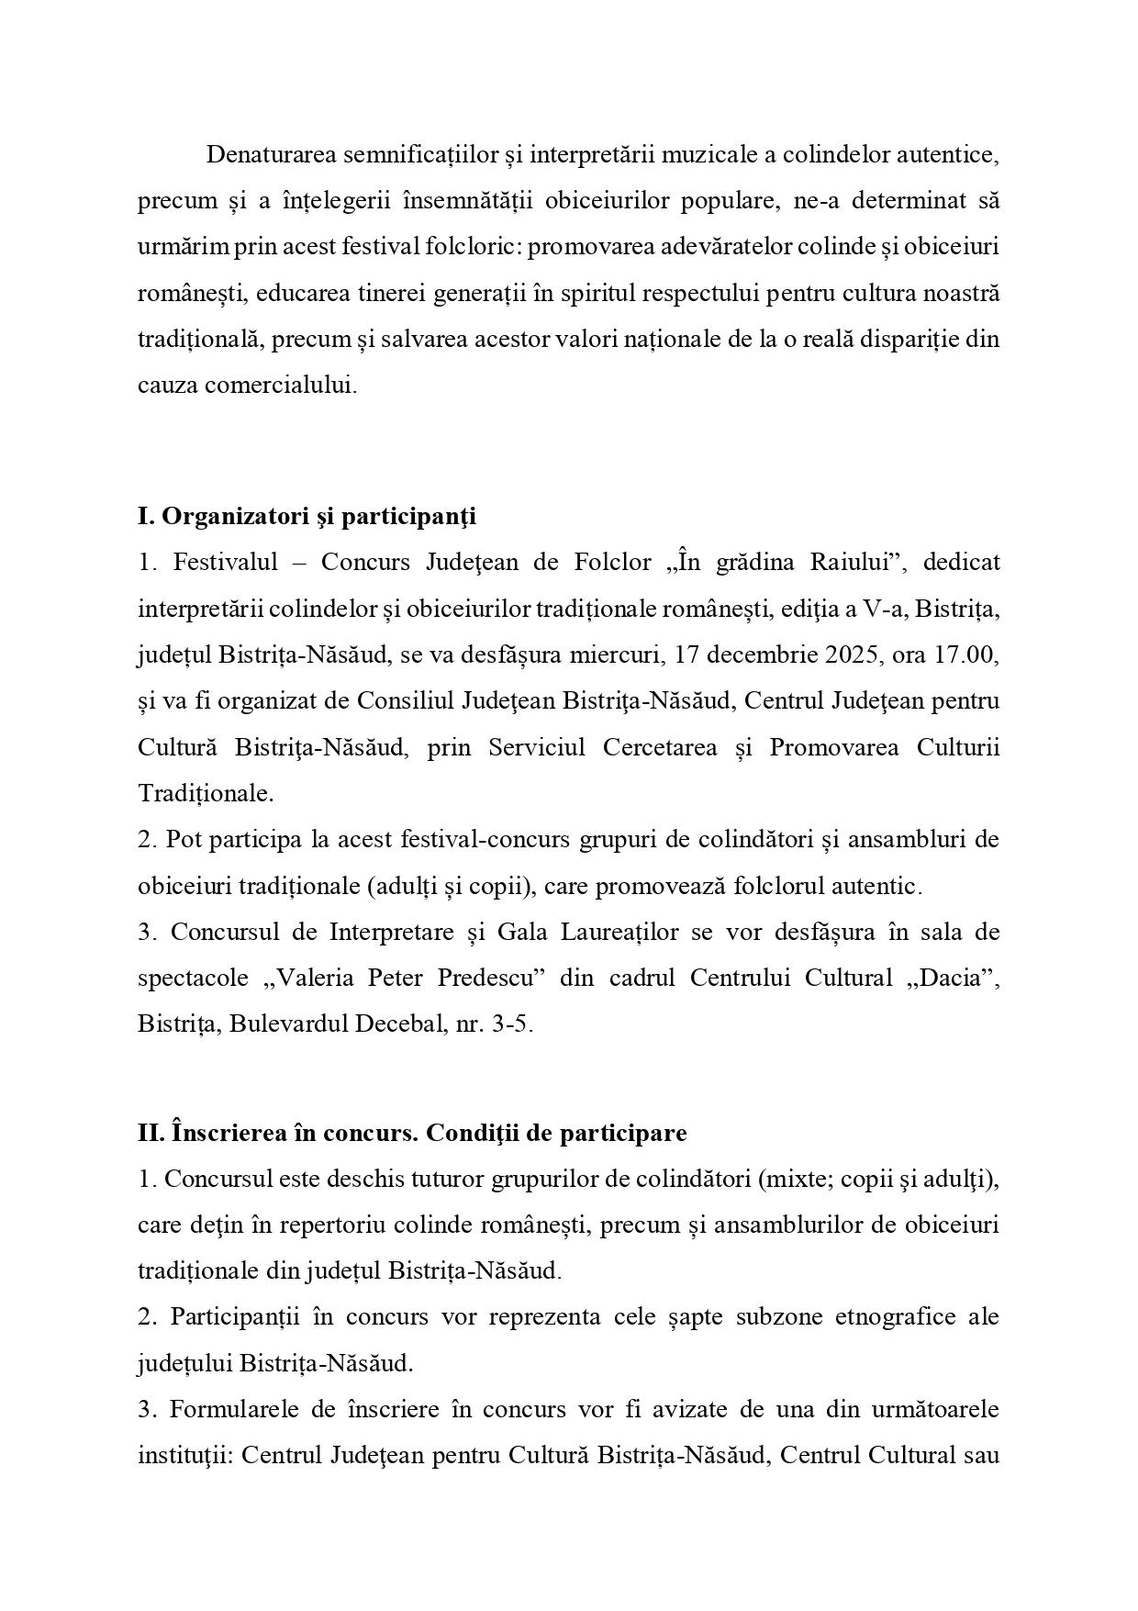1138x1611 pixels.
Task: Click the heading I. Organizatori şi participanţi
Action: [307, 517]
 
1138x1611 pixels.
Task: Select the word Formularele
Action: [234, 1410]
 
